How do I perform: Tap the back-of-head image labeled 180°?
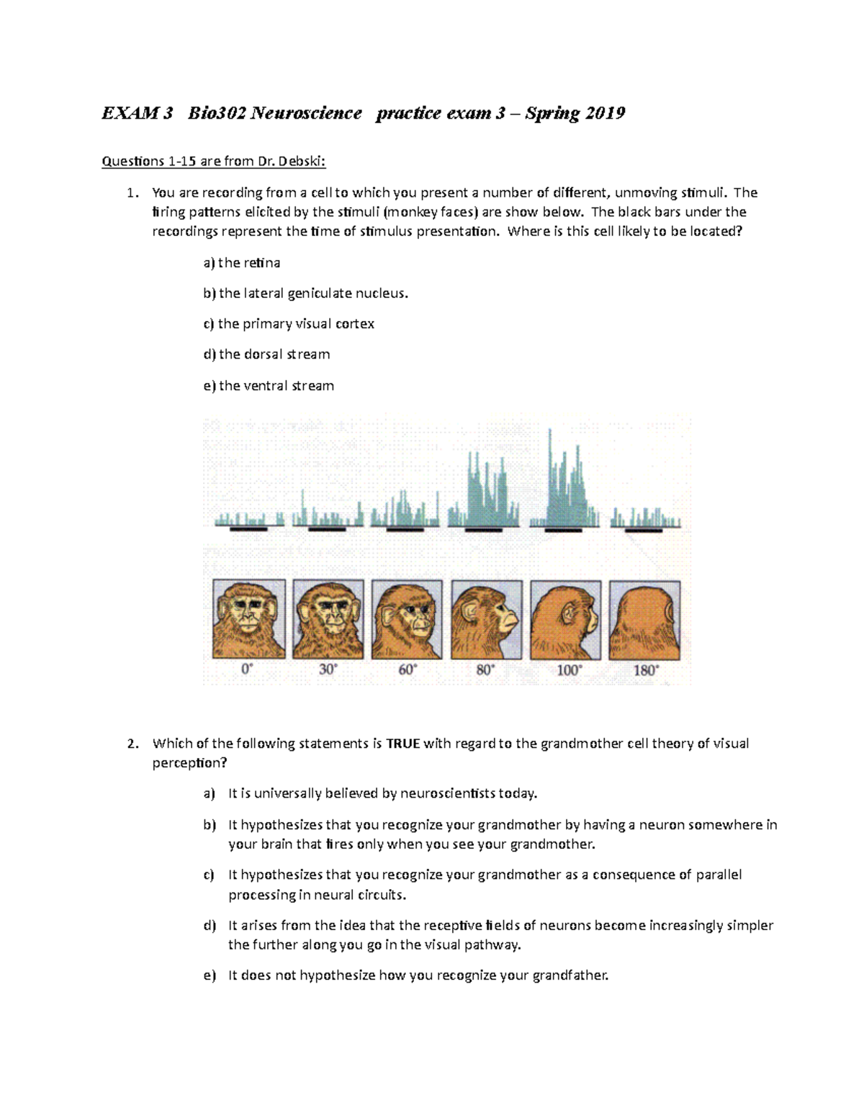644,620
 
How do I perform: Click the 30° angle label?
328,670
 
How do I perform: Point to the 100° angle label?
565,670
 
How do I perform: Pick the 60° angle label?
407,670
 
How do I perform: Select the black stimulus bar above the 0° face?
248,529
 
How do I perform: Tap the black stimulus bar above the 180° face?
644,530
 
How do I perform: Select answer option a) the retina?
242,263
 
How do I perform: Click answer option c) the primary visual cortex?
289,324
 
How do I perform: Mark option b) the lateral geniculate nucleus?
306,294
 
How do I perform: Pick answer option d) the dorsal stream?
266,354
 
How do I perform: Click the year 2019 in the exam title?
605,113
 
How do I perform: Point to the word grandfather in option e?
570,976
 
